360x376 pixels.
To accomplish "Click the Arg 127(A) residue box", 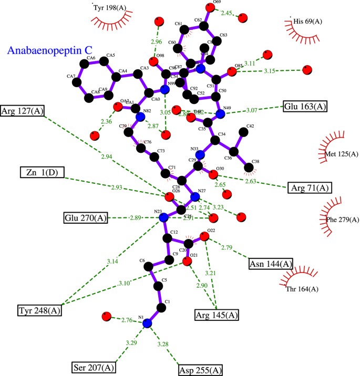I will coord(23,111).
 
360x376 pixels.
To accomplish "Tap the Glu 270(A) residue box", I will coord(84,217).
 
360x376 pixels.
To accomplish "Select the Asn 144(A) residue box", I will coord(271,264).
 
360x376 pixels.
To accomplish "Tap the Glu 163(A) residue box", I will coord(305,106).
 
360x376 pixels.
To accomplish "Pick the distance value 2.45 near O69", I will coord(227,13).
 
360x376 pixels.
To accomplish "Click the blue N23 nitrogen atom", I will coord(163,217).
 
